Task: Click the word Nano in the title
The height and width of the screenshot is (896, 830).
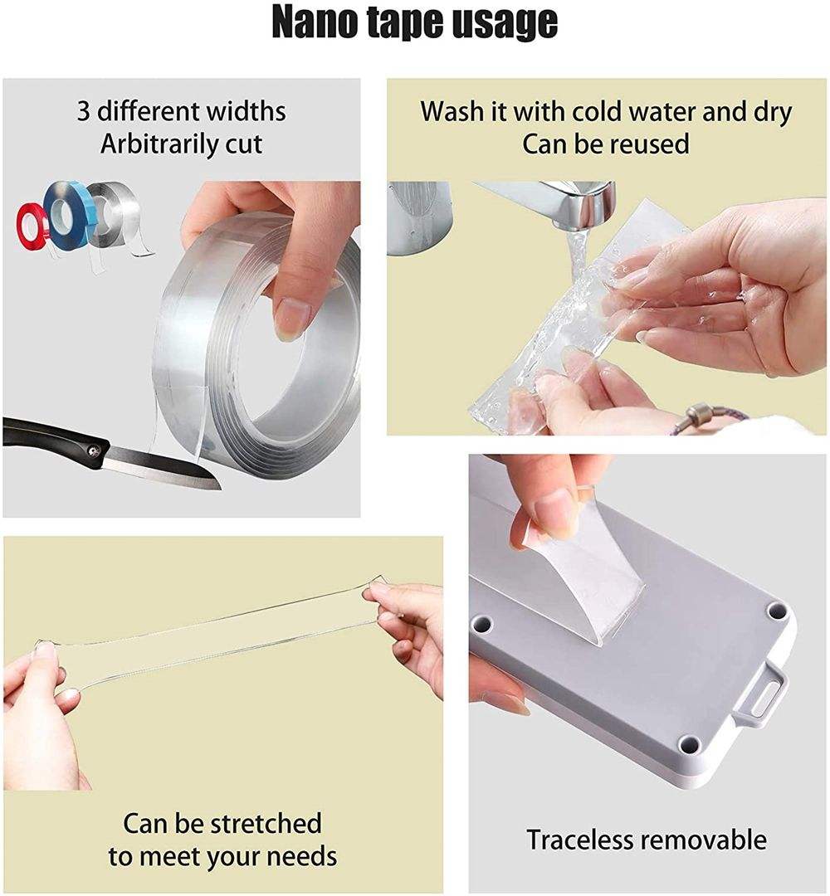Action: point(322,23)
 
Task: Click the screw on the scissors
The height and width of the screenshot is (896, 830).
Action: point(91,451)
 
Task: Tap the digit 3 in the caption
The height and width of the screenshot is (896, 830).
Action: point(83,111)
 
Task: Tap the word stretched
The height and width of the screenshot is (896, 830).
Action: point(266,824)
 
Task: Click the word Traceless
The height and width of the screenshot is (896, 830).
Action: point(579,840)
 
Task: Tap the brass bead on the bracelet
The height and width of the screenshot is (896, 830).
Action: point(698,412)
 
